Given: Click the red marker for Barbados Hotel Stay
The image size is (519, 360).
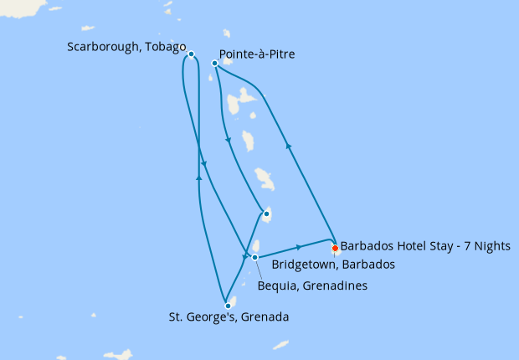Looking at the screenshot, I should [335, 248].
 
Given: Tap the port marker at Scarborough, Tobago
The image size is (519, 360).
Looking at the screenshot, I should [192, 54].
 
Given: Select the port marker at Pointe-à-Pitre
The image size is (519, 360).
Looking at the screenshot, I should [215, 63].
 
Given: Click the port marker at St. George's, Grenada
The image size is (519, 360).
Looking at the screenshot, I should [228, 306].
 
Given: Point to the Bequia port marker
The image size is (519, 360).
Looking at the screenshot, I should [255, 257].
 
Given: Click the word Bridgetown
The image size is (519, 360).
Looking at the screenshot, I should [304, 264].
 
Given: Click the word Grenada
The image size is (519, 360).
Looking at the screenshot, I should [267, 317].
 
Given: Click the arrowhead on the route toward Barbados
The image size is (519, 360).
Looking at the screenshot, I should [299, 247].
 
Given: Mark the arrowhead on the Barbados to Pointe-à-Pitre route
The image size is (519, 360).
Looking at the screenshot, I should [289, 146].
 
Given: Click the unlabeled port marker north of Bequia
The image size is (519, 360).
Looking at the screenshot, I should [265, 215].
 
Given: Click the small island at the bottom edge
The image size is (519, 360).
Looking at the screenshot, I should [281, 344].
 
